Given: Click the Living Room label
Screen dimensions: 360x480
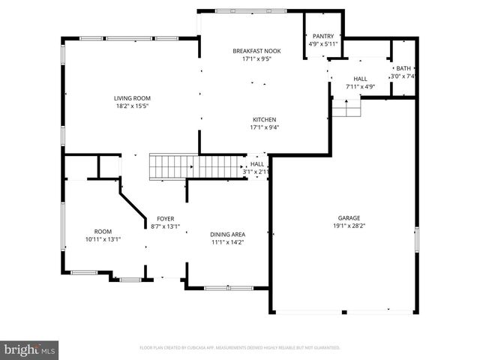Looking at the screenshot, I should [x=132, y=98].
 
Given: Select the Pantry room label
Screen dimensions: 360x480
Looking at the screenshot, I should [x=324, y=35].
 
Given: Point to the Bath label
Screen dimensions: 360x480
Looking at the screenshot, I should [x=403, y=68].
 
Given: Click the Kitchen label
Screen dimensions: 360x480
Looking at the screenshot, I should [x=264, y=119].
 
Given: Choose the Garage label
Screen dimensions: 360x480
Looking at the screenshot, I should [x=349, y=217].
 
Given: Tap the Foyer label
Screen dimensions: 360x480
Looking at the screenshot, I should [x=166, y=217].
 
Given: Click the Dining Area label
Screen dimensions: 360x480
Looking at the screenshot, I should [x=227, y=234].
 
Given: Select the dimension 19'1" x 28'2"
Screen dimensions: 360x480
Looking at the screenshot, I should [x=349, y=226].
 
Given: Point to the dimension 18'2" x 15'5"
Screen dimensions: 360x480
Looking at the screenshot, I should [x=132, y=106].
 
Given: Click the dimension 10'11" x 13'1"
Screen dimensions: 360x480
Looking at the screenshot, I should [x=103, y=239].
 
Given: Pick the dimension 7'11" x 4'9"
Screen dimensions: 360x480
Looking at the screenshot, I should [x=360, y=86].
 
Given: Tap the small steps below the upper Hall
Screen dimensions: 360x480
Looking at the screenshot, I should [x=346, y=110].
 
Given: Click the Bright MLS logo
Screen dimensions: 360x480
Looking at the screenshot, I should [x=30, y=349].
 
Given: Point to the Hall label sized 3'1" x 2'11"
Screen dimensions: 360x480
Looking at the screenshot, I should [x=257, y=163].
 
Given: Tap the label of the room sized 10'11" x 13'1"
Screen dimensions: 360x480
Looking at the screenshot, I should [x=103, y=231].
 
